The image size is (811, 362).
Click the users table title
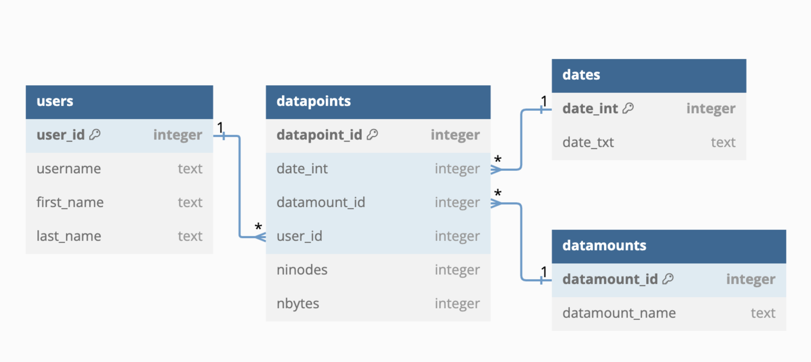(x=55, y=101)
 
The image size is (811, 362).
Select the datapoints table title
(x=313, y=101)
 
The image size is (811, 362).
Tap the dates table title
(x=581, y=75)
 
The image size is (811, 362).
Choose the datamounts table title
(x=604, y=246)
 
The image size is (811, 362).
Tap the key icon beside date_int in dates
(x=628, y=108)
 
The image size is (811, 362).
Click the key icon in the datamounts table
(x=668, y=279)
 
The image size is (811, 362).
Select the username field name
(x=69, y=169)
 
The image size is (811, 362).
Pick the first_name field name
(x=70, y=202)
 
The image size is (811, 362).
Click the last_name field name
(x=69, y=236)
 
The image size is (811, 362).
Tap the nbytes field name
(x=298, y=304)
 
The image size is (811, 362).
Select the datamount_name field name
(x=619, y=313)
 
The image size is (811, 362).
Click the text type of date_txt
(x=723, y=142)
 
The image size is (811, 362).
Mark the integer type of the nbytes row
(x=457, y=304)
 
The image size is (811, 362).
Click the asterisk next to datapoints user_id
(x=258, y=227)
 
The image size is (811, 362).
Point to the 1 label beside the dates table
(x=544, y=101)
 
